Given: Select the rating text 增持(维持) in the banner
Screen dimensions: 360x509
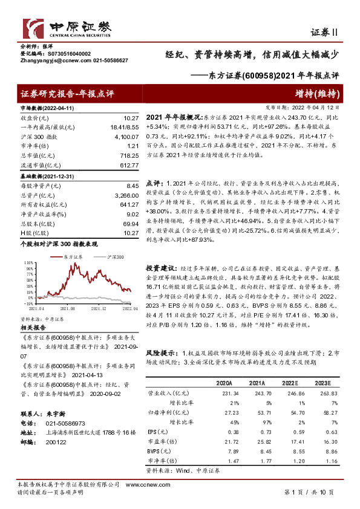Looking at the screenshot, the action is [319, 93].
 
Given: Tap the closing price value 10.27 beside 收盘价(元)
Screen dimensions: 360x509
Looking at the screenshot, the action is [131, 118].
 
